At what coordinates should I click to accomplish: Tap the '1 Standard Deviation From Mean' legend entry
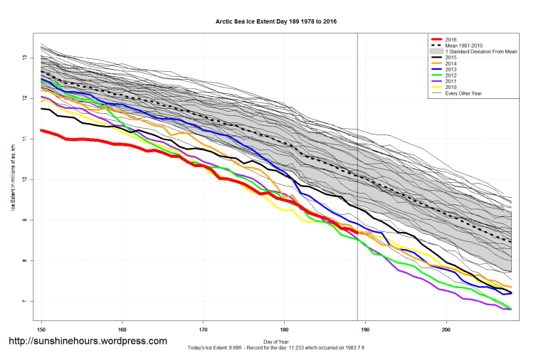pos(475,52)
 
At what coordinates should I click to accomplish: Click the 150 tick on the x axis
pos(41,329)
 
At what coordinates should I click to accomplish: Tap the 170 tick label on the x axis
pos(204,329)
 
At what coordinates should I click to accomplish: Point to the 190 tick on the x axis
pos(366,329)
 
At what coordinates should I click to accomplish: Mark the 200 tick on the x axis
pos(446,329)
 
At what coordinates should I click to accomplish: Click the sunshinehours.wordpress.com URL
pos(87,342)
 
